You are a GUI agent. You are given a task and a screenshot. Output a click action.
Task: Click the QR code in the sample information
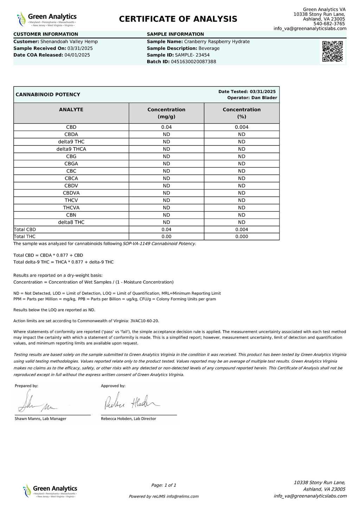pos(332,51)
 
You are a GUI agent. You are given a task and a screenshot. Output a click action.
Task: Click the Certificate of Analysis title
pos(178,19)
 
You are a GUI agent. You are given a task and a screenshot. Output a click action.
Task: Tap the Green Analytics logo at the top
pos(47,19)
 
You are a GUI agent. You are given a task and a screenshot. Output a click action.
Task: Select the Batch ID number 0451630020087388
pos(193,62)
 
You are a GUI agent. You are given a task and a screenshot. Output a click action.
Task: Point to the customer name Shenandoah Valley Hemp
pos(69,41)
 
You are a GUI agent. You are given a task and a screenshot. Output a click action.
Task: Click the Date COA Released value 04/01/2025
pos(77,55)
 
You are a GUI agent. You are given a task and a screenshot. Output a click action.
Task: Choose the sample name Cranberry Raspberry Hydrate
pos(217,41)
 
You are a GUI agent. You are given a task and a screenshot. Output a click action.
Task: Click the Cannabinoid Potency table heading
pos(48,95)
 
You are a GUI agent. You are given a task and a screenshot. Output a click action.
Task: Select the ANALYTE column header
pos(71,110)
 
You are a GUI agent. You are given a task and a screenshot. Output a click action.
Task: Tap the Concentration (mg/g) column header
pos(166,113)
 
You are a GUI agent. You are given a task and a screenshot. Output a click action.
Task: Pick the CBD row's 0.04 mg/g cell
pos(166,127)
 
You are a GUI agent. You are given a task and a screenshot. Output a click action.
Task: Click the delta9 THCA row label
pos(71,149)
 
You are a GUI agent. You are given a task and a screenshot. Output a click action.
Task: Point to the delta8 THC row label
pos(71,222)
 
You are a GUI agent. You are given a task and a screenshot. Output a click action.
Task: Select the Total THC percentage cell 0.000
pos(242,236)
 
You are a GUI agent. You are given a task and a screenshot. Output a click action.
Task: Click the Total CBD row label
pos(25,229)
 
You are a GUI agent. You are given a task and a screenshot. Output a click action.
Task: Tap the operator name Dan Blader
pos(264,98)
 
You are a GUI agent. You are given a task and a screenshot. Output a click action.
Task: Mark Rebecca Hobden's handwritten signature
pos(132,402)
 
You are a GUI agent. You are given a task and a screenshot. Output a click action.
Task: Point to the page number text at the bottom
pos(163,485)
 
